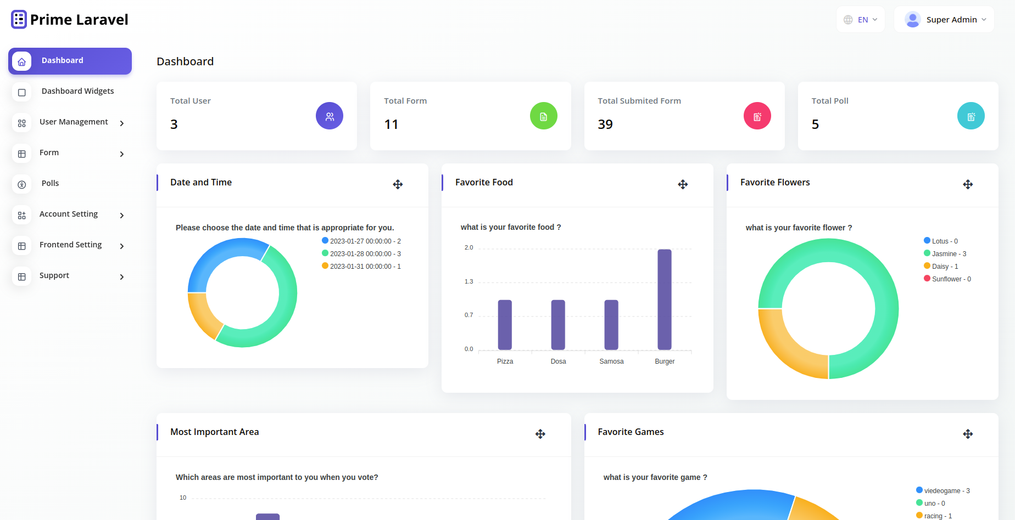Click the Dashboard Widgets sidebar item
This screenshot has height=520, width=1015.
[x=77, y=92]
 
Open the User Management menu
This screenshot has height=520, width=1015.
[x=74, y=122]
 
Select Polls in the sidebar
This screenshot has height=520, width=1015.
[x=50, y=184]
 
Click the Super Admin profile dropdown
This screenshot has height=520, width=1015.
[x=944, y=20]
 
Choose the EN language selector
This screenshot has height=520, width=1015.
[x=860, y=20]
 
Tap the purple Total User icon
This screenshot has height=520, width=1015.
[x=330, y=116]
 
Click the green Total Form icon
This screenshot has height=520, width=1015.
[x=543, y=116]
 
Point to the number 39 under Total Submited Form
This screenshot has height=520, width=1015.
[x=605, y=125]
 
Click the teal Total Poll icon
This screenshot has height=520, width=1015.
[x=971, y=116]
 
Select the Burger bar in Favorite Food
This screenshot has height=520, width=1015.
[x=665, y=299]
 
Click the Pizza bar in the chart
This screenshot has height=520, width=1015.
[x=505, y=325]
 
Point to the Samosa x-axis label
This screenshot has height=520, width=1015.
[x=611, y=361]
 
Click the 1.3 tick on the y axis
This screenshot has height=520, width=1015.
[x=469, y=282]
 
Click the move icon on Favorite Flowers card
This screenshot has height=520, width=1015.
[x=968, y=184]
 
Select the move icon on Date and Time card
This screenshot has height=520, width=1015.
[x=398, y=184]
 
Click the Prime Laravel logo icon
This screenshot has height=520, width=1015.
[x=19, y=20]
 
